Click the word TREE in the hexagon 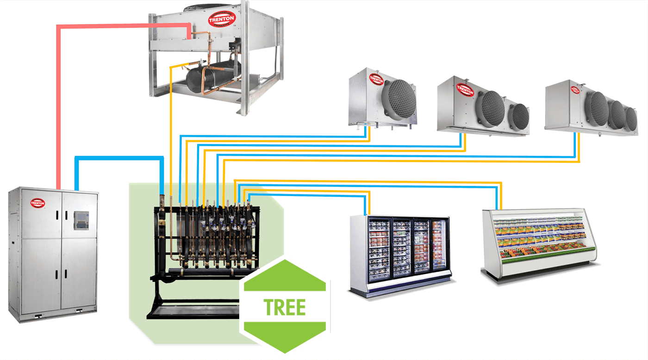tap(284, 307)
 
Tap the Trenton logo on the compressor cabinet tap(37, 202)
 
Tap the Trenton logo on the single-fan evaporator tap(376, 79)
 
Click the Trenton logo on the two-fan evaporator tap(465, 89)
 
